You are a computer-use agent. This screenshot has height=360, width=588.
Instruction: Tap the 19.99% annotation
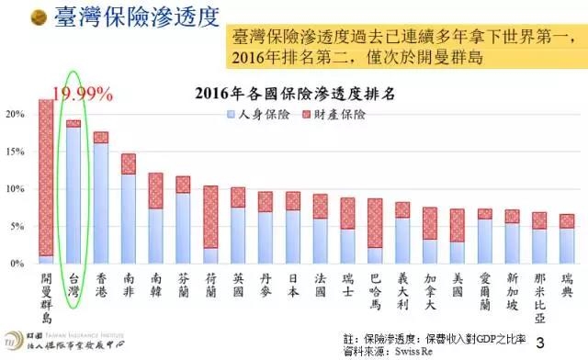(x=82, y=94)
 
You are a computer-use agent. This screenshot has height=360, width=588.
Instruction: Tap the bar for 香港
(x=100, y=198)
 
